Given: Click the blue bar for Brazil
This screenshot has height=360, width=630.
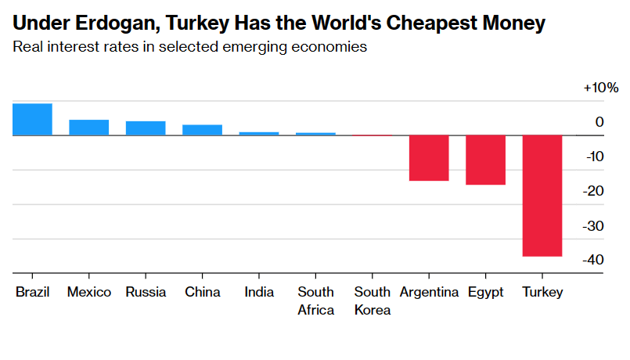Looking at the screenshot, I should tap(32, 119).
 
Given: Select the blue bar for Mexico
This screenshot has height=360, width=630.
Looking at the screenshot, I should tap(88, 128).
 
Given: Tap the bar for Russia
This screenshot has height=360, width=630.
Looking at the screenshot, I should tap(146, 128).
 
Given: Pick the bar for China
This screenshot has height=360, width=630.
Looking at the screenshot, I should tap(202, 130).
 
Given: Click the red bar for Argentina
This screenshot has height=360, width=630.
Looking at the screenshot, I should tap(429, 158).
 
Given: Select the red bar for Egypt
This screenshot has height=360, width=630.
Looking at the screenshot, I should tap(485, 160).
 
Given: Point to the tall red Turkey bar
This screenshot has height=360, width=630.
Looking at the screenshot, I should tap(542, 196).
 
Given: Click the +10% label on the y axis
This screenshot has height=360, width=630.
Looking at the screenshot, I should tap(600, 88).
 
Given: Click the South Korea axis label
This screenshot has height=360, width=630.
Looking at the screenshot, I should tap(373, 301).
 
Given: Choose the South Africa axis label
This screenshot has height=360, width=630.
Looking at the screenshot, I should tap(315, 301).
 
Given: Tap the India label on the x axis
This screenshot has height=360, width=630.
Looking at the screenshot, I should tap(259, 292).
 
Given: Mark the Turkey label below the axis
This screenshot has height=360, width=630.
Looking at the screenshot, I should tap(542, 292).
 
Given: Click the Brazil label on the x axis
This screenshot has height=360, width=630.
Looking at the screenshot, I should tap(32, 292).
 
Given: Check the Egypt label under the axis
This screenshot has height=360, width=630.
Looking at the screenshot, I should tap(486, 292).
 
